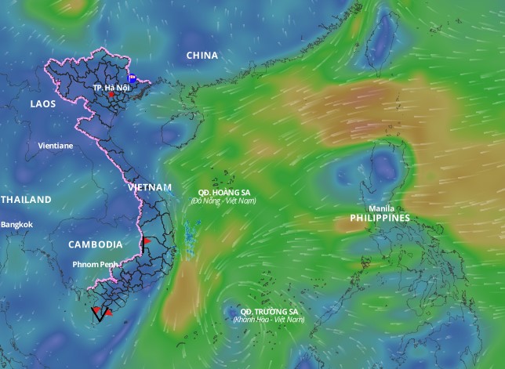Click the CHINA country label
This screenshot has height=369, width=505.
202,56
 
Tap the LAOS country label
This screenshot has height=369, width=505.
42,103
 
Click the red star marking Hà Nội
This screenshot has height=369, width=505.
113,96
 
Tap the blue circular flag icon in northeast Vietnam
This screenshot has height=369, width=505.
133,78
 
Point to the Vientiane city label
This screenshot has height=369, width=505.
55,146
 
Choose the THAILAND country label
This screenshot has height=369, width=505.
25,200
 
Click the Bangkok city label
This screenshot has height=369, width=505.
16,225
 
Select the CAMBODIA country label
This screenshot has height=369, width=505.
95,244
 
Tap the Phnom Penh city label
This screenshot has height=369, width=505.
93,264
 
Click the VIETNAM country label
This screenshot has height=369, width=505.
149,188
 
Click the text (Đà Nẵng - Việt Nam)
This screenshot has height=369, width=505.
223,201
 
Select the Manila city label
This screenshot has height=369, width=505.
381,208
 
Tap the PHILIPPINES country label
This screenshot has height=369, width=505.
380,219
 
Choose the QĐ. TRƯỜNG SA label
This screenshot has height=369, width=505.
268,311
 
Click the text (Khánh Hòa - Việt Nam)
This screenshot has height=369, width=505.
268,320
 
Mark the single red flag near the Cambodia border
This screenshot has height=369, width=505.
145,241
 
